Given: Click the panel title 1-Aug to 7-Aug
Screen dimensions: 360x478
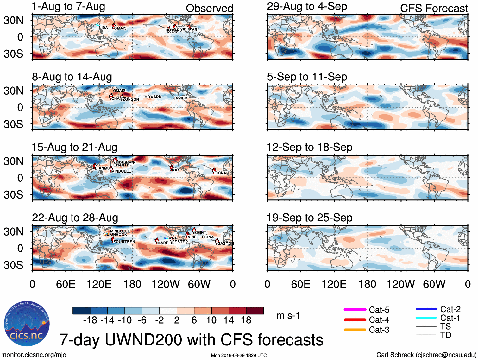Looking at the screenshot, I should [x=68, y=7].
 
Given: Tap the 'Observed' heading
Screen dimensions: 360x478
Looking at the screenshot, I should [x=209, y=9].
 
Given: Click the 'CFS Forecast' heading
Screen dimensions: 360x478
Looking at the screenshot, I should [x=434, y=9].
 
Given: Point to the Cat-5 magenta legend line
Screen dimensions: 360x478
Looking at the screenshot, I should [x=355, y=310].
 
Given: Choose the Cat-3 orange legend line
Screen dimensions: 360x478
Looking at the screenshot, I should [x=355, y=330].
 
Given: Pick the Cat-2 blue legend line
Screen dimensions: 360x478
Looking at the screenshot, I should [x=426, y=309].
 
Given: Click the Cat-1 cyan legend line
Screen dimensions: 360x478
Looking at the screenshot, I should [x=426, y=318].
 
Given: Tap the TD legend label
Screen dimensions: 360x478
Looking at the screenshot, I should [x=446, y=335].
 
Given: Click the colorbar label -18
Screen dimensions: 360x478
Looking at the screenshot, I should [x=90, y=320].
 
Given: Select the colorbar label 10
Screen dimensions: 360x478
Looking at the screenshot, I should [x=211, y=320].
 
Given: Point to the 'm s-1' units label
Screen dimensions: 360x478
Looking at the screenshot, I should [x=288, y=316].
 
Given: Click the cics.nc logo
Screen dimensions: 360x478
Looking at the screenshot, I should [x=27, y=324].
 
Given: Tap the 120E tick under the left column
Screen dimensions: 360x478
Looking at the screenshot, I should [x=99, y=284].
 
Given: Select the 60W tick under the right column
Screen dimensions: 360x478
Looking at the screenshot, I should [x=434, y=284].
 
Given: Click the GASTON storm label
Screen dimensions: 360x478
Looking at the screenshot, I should [x=225, y=243].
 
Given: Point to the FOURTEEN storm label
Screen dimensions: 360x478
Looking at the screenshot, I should [x=124, y=242].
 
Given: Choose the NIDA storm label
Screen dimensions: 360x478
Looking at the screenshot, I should [x=103, y=28].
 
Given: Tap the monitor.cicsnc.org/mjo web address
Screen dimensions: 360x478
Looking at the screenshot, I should [x=34, y=355].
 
